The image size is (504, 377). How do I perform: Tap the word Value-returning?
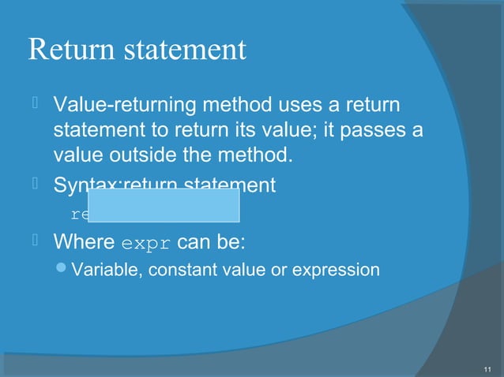[x=119, y=105]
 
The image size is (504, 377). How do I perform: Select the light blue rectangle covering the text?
[x=164, y=205]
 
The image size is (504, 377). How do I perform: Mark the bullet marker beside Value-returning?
[x=36, y=104]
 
